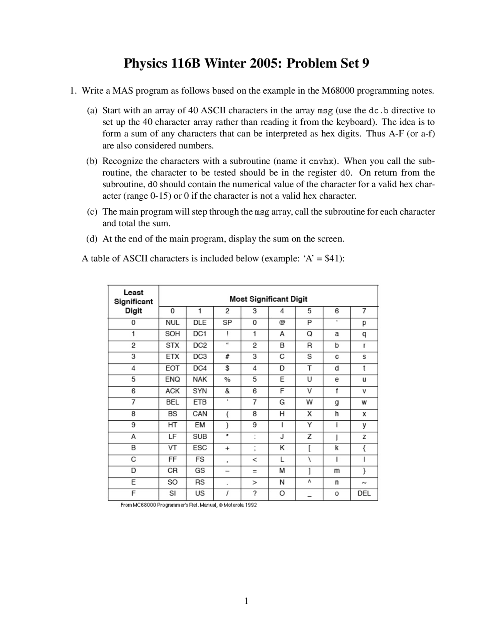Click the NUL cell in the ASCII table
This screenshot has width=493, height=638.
pos(172,322)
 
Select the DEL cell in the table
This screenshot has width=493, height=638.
pos(364,493)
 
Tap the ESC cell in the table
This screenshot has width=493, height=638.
pos(200,448)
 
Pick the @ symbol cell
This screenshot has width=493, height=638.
pos(282,322)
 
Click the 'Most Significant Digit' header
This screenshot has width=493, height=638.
pos(268,299)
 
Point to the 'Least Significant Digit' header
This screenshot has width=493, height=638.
pos(133,301)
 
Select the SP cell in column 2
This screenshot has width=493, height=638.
pos(227,322)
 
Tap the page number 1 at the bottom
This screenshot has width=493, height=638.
pos(246,601)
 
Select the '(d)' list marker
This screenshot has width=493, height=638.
pos(92,239)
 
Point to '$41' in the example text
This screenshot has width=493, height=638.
pos(333,258)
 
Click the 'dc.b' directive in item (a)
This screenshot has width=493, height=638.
pos(378,111)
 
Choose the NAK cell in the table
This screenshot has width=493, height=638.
pos(200,379)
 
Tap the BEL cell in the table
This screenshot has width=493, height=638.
pos(172,402)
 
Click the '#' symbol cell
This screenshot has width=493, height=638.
pos(227,357)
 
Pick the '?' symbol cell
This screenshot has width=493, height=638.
pos(255,493)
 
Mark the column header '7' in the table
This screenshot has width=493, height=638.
pos(364,311)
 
